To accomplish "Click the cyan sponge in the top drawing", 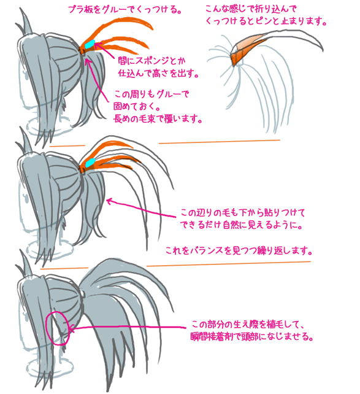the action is (x=90, y=44).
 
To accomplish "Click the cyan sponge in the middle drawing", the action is (x=90, y=163).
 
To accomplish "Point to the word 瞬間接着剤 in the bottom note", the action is (x=212, y=336).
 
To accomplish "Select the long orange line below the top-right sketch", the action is (x=220, y=142).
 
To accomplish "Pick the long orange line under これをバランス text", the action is (x=229, y=263).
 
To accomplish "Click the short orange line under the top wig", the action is (x=67, y=145).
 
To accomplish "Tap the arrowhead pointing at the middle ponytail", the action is (x=109, y=201).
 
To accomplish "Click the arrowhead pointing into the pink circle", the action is (x=70, y=328).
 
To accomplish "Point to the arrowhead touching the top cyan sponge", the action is (x=97, y=45).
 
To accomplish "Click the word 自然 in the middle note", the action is (x=231, y=225).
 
